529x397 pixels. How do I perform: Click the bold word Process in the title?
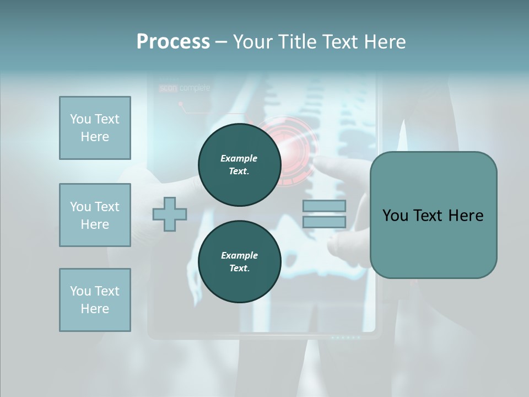coord(173,42)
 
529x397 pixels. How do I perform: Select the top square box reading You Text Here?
coord(95,128)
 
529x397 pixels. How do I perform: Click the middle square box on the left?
coord(95,215)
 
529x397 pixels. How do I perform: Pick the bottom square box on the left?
coord(95,300)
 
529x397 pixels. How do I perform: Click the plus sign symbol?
coord(170,214)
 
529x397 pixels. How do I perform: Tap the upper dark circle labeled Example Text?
coord(239,164)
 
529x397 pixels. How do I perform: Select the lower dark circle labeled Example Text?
coord(239,261)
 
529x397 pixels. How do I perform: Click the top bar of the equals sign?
coord(324,206)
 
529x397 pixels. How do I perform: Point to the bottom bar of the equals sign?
coord(324,222)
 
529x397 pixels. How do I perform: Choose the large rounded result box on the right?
coord(433,215)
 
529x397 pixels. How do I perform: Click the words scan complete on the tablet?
coord(185,88)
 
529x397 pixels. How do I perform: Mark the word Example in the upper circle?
coord(239,158)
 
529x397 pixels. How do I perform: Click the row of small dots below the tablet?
coord(346,337)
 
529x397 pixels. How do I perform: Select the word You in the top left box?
coord(79,119)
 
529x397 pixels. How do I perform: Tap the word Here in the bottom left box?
coord(95,309)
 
